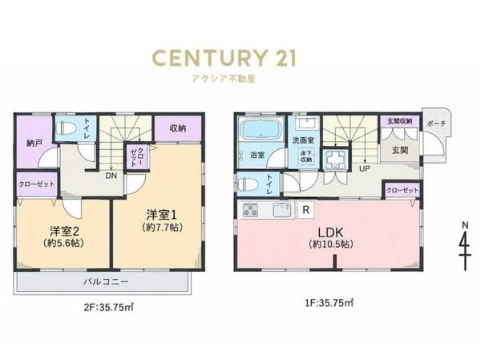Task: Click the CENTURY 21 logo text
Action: pos(224,59)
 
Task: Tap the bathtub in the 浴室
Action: pos(261,129)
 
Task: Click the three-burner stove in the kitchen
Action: pos(250,210)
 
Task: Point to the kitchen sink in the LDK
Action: pos(282,210)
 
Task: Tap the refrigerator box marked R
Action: pos(306,210)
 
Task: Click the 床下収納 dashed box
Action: pos(306,156)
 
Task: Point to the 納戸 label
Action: pos(34,143)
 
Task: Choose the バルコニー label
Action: pos(106,281)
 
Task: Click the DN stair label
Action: pos(111,176)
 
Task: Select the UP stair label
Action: pos(365,168)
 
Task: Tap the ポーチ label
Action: pos(436,124)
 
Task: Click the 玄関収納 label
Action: pos(399,121)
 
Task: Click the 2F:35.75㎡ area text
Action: pos(108,307)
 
